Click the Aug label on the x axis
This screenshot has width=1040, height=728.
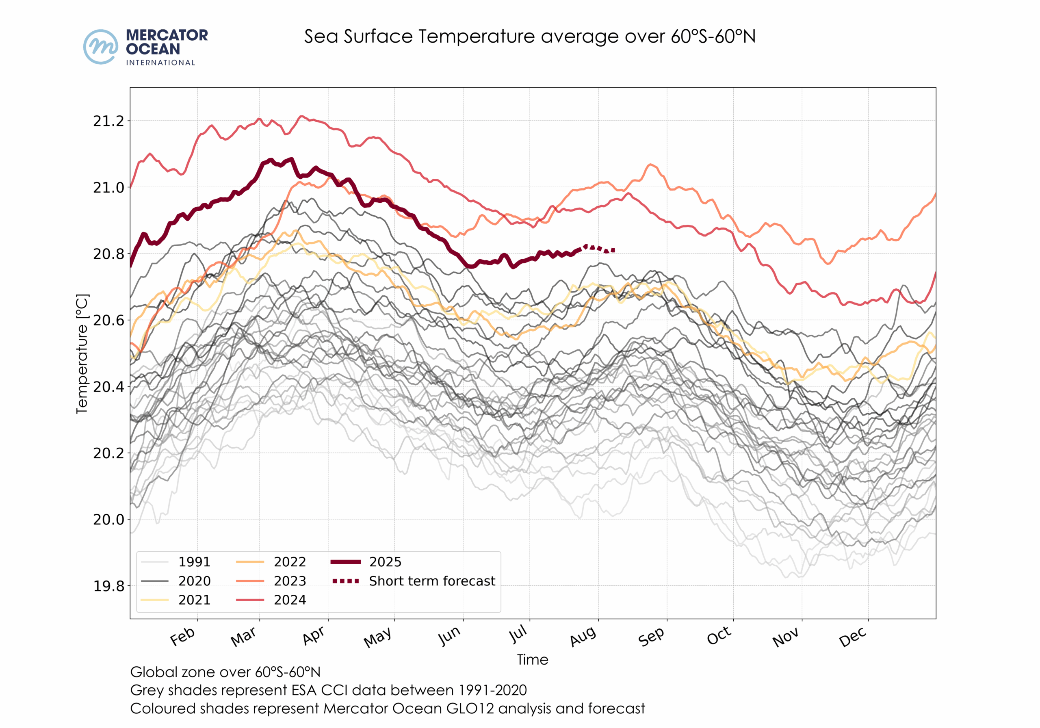pos(583,637)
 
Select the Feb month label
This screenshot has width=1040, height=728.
pos(182,637)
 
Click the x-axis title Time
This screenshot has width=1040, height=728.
pos(533,660)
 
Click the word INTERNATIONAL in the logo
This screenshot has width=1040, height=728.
pos(160,63)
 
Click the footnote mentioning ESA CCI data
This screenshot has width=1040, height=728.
pos(328,690)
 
